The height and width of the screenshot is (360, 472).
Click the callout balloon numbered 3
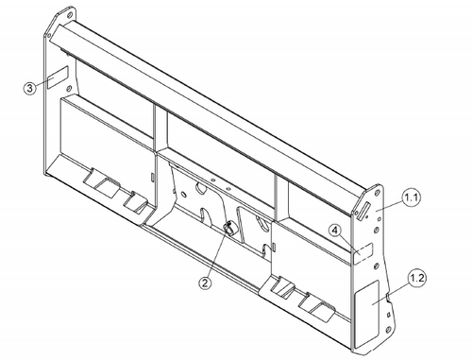coord(29,88)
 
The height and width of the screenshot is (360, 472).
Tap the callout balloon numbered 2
coord(205,283)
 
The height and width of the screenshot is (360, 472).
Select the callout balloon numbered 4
coord(335,231)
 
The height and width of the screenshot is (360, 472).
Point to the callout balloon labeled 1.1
coord(412,197)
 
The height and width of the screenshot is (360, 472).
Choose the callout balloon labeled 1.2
coord(417,278)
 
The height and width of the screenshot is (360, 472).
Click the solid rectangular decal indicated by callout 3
coord(58,77)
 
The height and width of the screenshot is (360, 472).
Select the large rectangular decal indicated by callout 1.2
coord(366,314)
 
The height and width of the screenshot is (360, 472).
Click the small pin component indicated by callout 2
coord(228,228)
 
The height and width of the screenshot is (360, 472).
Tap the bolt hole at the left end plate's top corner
coord(70,14)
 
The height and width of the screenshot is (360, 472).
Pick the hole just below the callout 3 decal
coord(70,88)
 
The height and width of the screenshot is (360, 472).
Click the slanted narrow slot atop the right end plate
coord(362,211)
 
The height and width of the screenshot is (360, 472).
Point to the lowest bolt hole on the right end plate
coord(388,330)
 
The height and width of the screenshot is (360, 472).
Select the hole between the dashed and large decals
coord(376,266)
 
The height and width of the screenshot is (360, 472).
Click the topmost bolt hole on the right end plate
coord(376,193)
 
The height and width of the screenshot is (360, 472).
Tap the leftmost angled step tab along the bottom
coord(101,183)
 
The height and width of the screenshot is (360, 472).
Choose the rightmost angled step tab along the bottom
coord(317,307)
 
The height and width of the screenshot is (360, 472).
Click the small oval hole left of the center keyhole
coord(183,194)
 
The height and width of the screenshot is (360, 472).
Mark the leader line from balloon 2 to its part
coord(216,253)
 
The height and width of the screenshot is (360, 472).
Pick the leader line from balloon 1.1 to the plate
coord(390,206)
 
